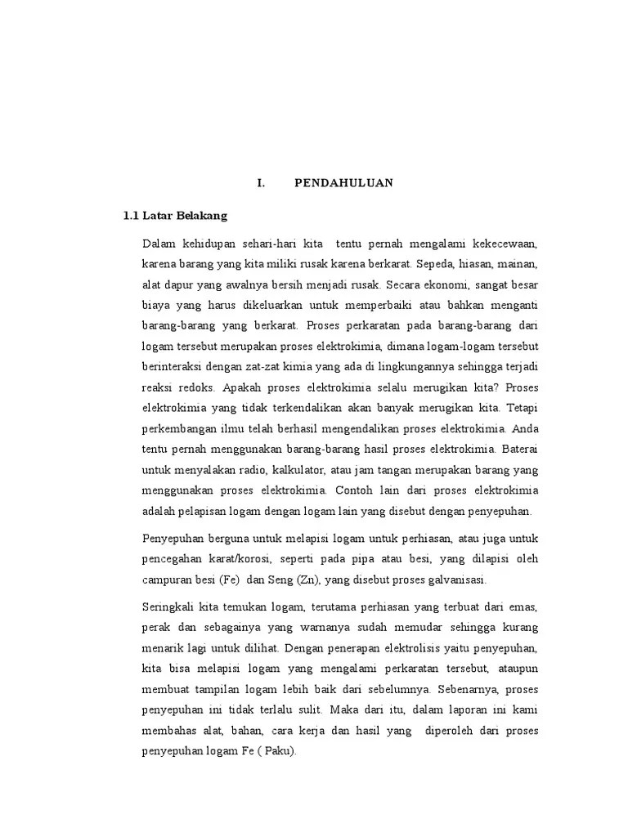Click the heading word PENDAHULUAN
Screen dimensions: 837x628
tap(343, 183)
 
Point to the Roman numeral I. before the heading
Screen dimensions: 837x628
tap(261, 183)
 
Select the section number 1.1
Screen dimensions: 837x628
tap(131, 216)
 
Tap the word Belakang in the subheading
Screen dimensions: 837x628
tap(199, 216)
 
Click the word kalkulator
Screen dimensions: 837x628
tap(299, 469)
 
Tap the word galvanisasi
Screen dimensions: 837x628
tap(455, 580)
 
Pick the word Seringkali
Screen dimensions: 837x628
tap(168, 608)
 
